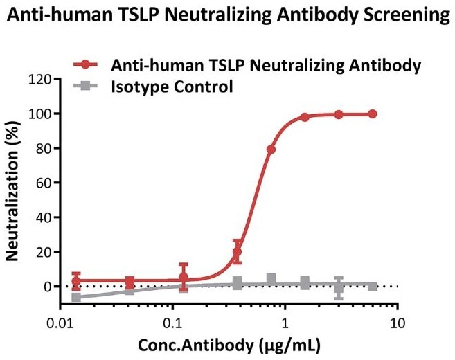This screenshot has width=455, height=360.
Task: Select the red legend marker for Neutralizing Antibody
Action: coord(85,66)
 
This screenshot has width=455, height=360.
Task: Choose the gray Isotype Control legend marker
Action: coord(85,87)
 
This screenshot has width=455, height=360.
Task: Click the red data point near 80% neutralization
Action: coord(271,150)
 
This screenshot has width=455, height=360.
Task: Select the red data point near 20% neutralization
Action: coord(238,252)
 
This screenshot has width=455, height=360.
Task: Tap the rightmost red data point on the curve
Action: coord(373,114)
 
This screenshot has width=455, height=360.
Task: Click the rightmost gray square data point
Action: coord(373,286)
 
